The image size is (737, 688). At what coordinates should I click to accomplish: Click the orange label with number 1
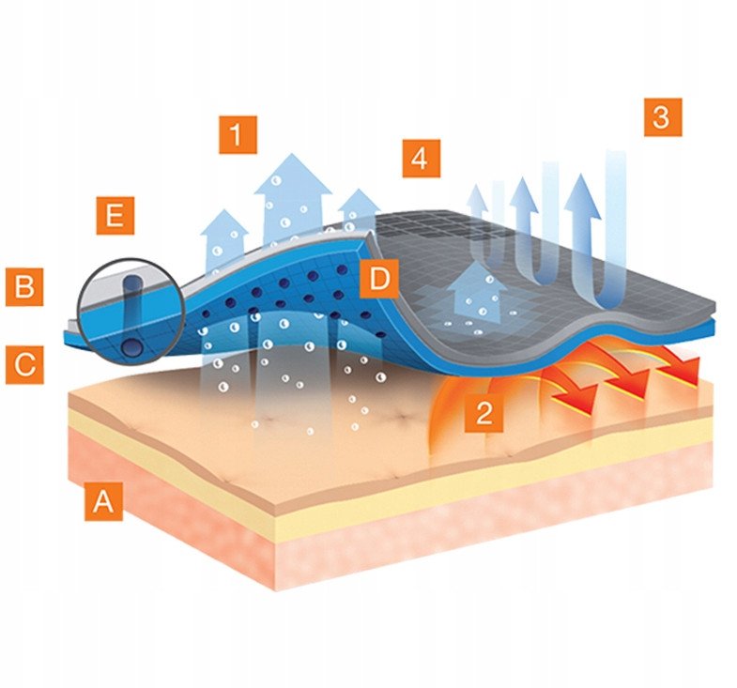tap(238, 135)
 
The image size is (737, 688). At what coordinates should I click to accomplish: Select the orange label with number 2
tap(484, 413)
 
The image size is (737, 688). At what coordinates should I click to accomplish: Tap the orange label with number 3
tap(663, 117)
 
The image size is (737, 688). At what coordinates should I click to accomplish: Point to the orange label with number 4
tap(422, 159)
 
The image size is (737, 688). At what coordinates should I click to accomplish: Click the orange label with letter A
tap(103, 501)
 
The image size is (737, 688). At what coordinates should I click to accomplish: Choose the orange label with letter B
tap(24, 287)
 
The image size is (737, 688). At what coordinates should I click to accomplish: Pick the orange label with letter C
tap(24, 365)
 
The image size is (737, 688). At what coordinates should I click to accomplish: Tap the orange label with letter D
tap(379, 279)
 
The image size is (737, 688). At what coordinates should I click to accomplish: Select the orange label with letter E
tap(115, 216)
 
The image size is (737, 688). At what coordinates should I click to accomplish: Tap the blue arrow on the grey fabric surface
tap(477, 292)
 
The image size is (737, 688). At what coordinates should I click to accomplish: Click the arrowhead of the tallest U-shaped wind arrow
tap(582, 197)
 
